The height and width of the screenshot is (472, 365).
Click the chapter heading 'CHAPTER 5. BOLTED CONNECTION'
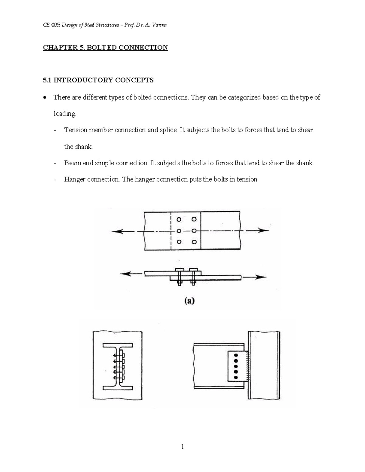105,48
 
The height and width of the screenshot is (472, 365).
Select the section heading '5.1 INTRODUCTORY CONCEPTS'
98,80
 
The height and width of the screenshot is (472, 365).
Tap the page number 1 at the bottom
182,447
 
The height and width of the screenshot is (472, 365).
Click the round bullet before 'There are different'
45,98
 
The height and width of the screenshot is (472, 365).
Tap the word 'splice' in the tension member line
168,130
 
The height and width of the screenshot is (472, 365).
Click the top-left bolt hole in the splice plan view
179,219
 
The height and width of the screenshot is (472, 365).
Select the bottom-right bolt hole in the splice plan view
194,242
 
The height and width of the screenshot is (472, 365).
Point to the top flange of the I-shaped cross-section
118,346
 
